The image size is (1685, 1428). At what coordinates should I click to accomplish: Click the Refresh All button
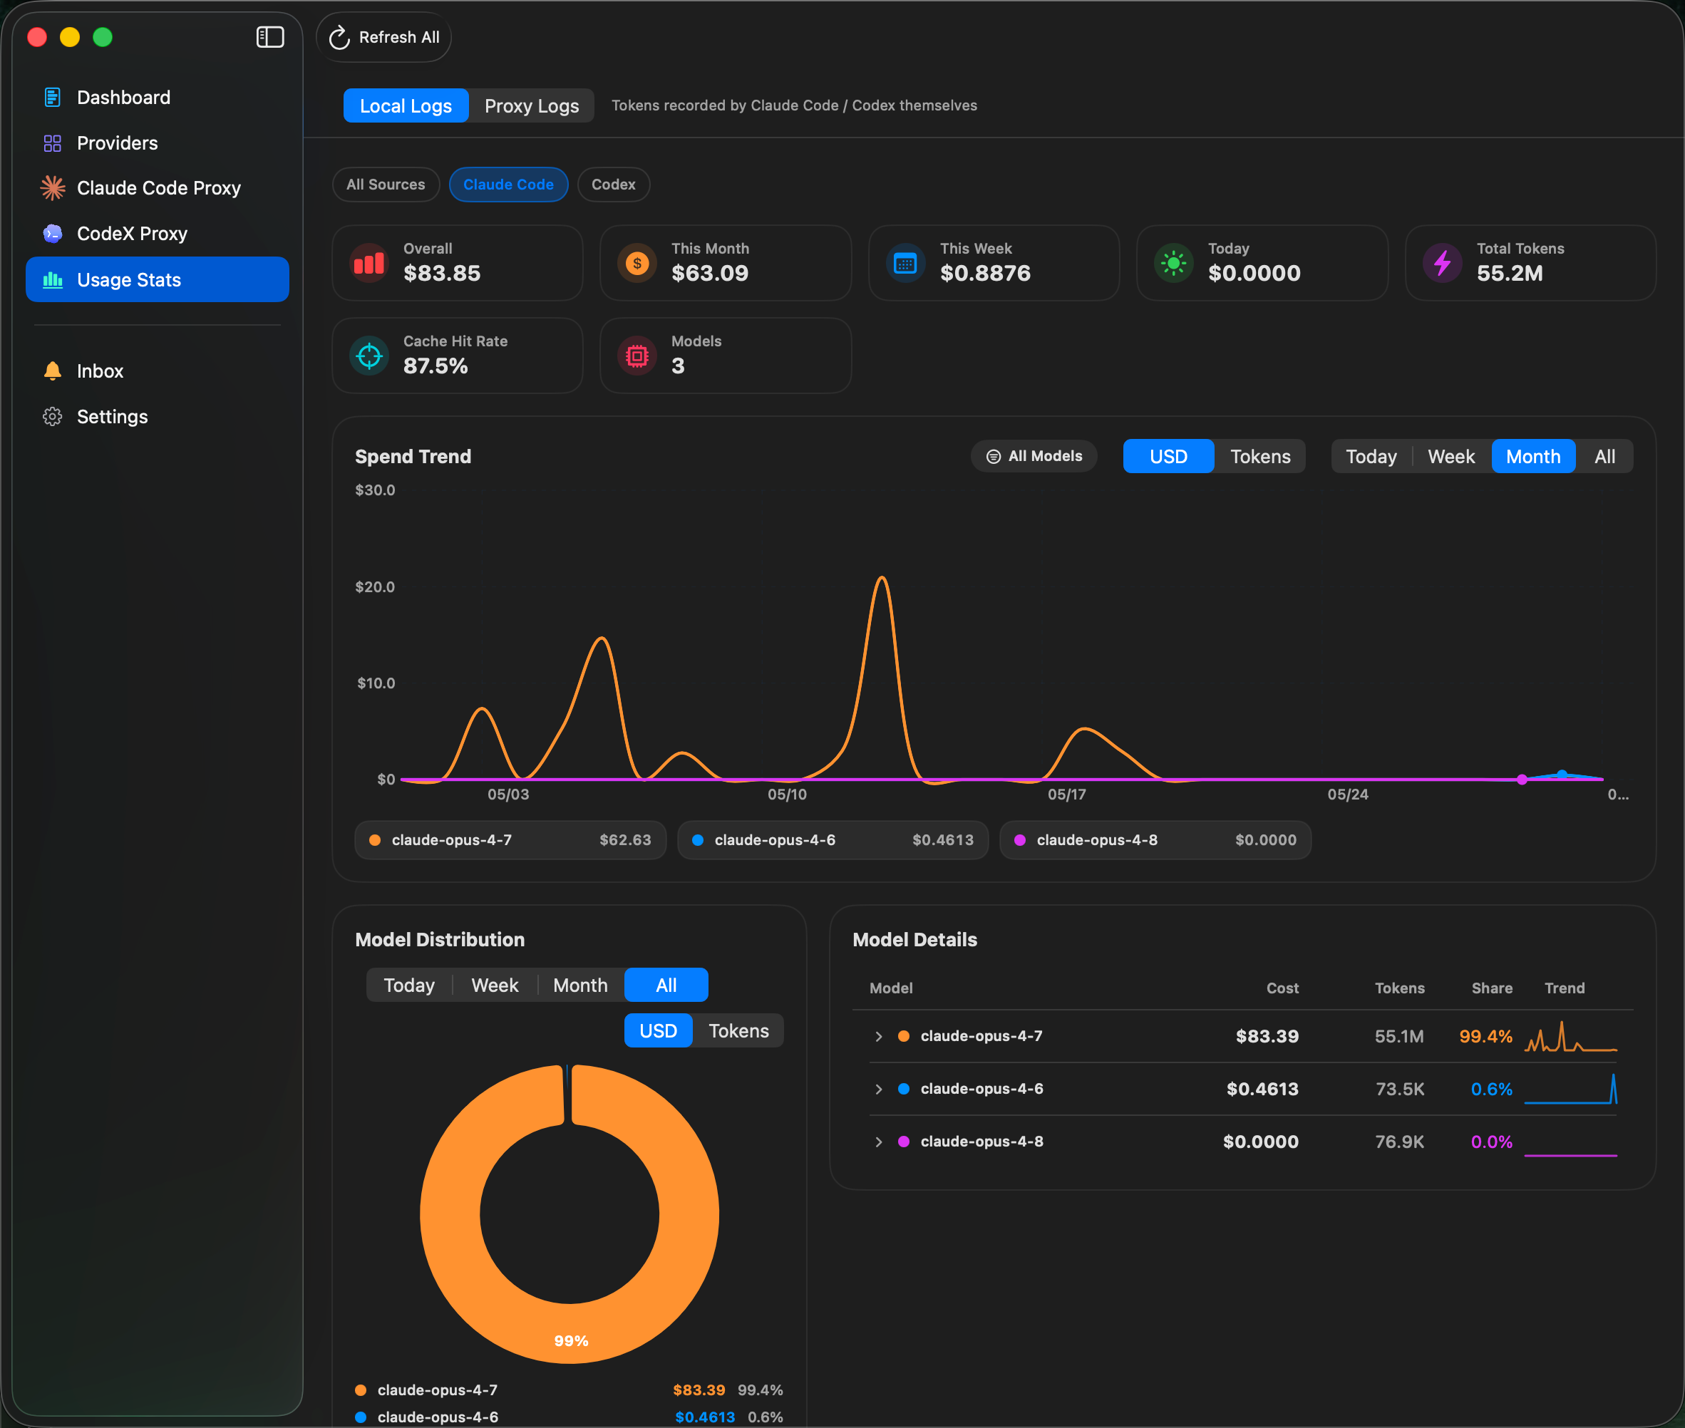click(383, 37)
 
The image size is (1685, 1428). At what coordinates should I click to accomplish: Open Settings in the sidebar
click(112, 417)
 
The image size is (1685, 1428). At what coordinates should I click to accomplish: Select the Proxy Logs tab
click(531, 106)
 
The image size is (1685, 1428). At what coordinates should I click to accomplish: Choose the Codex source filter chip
click(613, 185)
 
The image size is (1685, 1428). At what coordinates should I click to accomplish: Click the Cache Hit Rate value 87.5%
click(436, 366)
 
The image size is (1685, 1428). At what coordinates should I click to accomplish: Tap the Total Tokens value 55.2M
click(1509, 274)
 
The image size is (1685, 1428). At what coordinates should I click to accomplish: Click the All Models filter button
click(1034, 457)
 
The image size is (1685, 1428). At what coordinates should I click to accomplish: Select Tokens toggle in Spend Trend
click(1260, 457)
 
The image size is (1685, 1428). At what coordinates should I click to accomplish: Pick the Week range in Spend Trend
click(1451, 457)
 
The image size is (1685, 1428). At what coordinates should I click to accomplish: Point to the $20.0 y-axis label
click(375, 587)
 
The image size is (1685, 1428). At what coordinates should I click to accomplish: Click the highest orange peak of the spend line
click(882, 577)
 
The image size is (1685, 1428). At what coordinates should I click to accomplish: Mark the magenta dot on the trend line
click(1522, 780)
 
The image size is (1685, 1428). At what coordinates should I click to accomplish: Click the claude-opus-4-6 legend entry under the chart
click(833, 840)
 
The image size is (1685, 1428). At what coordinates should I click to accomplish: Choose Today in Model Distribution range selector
click(409, 985)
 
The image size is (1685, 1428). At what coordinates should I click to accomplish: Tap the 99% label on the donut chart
click(571, 1341)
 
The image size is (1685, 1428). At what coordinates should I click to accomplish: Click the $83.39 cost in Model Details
click(1267, 1036)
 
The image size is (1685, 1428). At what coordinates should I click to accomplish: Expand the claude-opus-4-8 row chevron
click(879, 1142)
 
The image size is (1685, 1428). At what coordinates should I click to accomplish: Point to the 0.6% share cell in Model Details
click(1490, 1090)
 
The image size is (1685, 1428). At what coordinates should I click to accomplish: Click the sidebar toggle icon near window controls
click(270, 37)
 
